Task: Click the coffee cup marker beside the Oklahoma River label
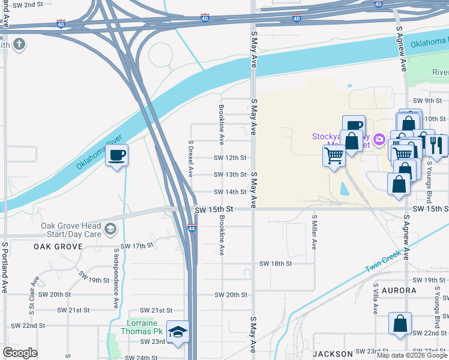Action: click(x=116, y=155)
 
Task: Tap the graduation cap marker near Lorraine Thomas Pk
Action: click(x=178, y=331)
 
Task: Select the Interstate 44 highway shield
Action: click(x=191, y=229)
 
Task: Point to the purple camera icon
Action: click(x=379, y=140)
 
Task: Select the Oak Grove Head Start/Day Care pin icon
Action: click(x=110, y=230)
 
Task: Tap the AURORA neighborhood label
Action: click(x=394, y=290)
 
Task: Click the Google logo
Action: click(x=20, y=353)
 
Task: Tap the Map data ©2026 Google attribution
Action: click(x=412, y=355)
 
